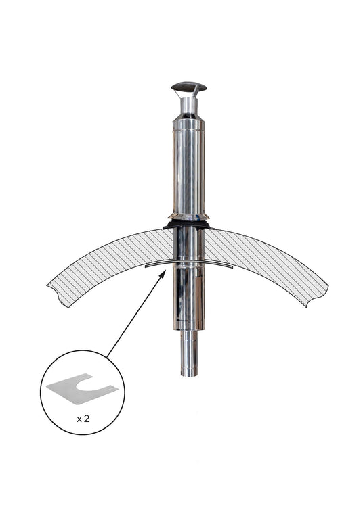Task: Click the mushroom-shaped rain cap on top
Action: [189, 87]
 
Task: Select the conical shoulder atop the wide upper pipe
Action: [189, 117]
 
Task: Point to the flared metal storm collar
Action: [188, 216]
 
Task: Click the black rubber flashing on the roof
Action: [188, 225]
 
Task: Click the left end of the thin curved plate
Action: [146, 266]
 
